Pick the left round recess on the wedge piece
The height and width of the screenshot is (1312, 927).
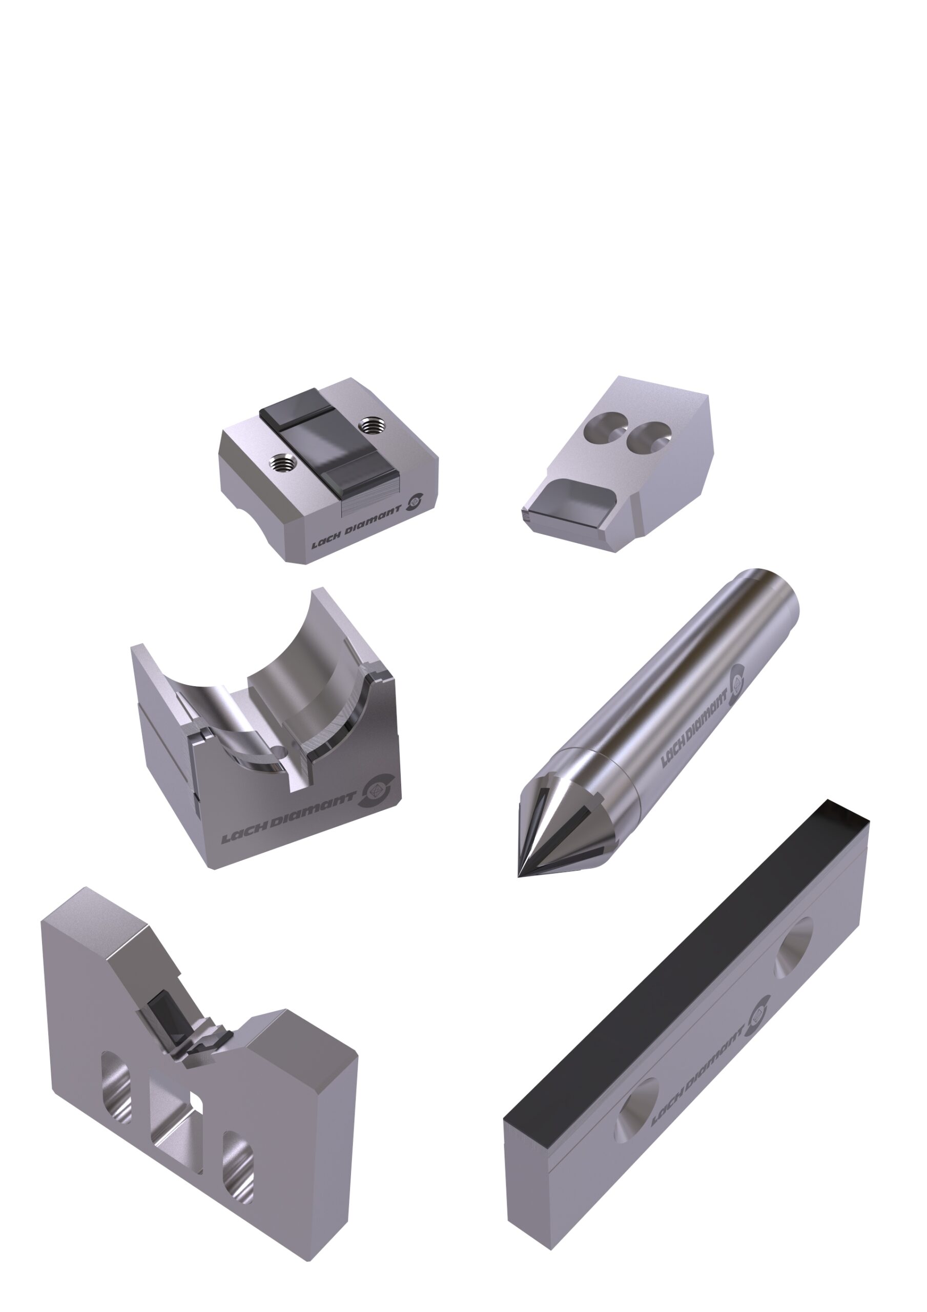605,426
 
